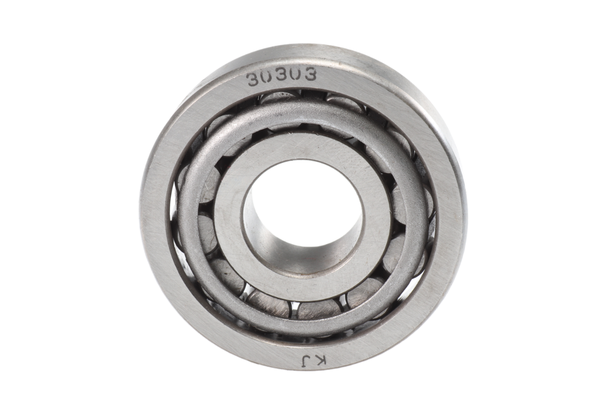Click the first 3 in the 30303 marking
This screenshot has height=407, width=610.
click(x=252, y=79)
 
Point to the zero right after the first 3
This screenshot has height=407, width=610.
click(x=266, y=77)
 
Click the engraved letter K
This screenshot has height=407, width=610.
click(x=321, y=361)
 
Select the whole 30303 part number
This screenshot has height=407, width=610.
click(x=281, y=77)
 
